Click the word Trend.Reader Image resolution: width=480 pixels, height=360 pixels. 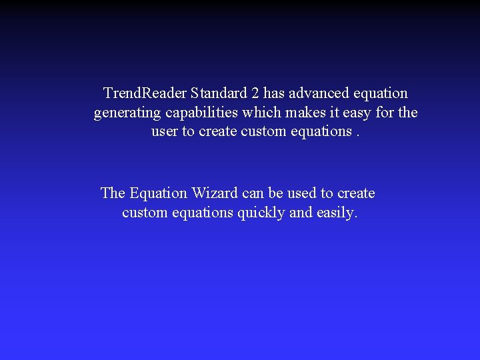[x=145, y=93]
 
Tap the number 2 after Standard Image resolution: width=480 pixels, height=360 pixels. [x=255, y=93]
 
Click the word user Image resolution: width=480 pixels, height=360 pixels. [x=165, y=131]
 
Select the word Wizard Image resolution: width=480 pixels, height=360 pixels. [x=215, y=193]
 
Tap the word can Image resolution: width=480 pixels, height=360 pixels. [x=253, y=193]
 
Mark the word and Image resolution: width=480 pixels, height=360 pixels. [x=301, y=213]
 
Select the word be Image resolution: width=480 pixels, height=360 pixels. [x=276, y=193]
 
